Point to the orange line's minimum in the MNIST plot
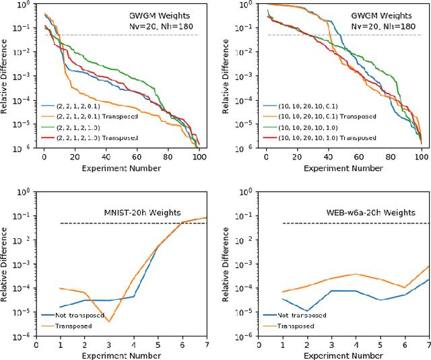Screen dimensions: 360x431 point(109,322)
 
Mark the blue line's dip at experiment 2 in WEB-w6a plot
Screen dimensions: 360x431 point(307,311)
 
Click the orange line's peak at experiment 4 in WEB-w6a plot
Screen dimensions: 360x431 point(355,274)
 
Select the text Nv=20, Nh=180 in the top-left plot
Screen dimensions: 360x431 point(160,27)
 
